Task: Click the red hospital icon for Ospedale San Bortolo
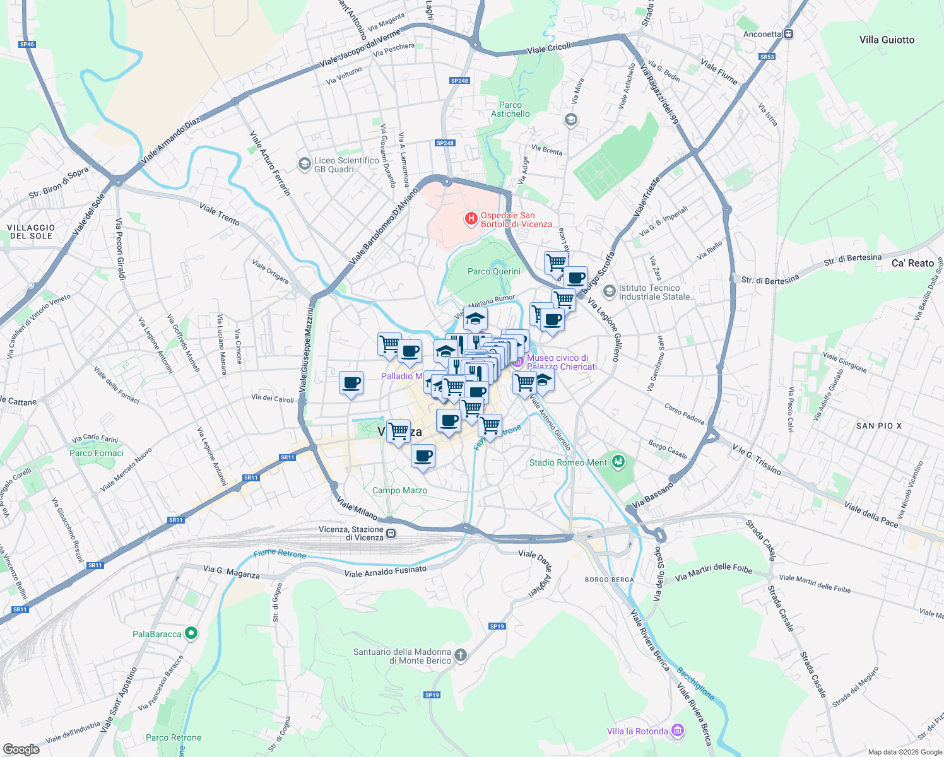point(471,219)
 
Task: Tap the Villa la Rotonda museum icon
point(678,731)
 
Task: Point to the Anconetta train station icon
point(788,34)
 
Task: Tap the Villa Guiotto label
point(887,40)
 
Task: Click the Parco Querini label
point(494,271)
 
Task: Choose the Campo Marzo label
point(399,490)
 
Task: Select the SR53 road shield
point(767,57)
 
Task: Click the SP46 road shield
point(27,44)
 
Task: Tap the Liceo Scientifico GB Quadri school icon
point(304,164)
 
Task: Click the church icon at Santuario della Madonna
point(461,655)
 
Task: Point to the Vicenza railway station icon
point(391,534)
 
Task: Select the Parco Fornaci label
point(97,453)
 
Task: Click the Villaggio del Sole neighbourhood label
point(31,232)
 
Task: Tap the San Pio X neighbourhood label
point(879,426)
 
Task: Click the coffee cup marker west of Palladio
point(351,382)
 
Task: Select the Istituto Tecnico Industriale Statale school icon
point(609,291)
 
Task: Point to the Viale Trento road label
point(220,214)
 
